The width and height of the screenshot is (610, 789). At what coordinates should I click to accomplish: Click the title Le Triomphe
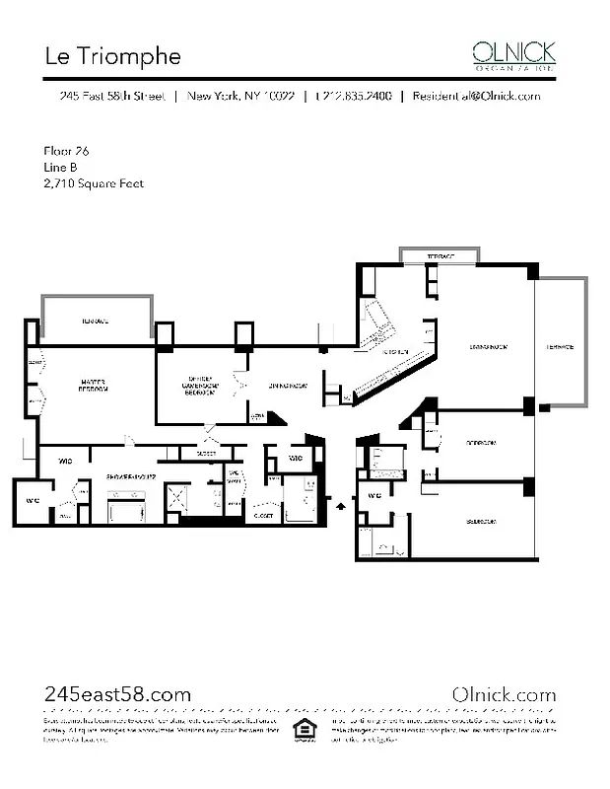[112, 56]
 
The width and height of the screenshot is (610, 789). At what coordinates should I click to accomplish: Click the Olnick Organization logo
[513, 54]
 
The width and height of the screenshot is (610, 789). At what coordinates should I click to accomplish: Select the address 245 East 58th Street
[111, 97]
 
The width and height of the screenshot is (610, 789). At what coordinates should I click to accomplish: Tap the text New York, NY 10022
[240, 97]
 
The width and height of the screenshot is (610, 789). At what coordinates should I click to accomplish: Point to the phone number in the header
[354, 97]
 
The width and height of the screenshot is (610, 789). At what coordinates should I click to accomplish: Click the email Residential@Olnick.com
[476, 97]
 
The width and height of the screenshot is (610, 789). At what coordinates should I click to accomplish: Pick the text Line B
[61, 167]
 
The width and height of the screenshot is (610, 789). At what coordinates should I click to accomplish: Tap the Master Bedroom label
[95, 385]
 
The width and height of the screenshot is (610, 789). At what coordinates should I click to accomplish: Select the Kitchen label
[395, 351]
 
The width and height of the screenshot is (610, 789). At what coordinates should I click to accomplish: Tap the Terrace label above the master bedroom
[95, 323]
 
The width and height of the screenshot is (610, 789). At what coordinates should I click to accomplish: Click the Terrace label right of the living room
[560, 347]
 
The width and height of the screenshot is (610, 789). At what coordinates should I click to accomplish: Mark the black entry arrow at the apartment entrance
[341, 505]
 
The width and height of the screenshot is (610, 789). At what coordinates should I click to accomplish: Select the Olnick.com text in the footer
[503, 694]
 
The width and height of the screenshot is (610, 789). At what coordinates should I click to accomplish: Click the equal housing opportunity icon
[305, 730]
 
